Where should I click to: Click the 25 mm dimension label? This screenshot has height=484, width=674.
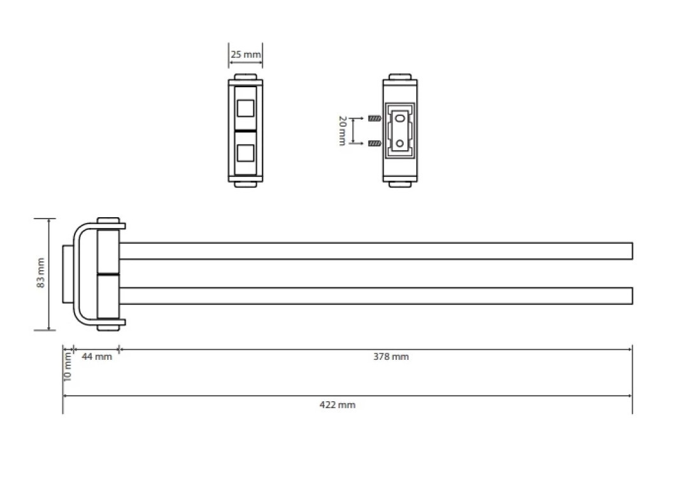tap(245, 55)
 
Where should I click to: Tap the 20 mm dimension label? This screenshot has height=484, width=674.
tap(342, 131)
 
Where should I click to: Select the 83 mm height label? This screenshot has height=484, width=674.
tap(41, 273)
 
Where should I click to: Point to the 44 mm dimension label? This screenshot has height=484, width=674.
tap(97, 357)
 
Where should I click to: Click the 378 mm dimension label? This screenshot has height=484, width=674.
tap(391, 357)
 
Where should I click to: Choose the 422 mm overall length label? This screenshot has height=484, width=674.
tap(338, 405)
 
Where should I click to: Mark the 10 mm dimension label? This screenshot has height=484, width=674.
tap(68, 366)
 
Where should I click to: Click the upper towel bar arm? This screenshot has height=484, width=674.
tap(376, 251)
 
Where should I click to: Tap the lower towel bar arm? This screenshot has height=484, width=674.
tap(376, 295)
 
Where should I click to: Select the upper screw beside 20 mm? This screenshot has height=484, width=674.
tap(375, 118)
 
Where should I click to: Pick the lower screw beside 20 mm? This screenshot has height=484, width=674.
tap(375, 143)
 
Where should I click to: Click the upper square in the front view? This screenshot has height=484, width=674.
tap(245, 108)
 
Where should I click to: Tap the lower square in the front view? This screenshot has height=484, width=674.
tap(245, 153)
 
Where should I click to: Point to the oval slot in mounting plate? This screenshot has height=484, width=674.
tap(400, 118)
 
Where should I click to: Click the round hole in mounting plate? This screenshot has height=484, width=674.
tap(400, 143)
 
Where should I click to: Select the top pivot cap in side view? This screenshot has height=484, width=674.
tap(108, 220)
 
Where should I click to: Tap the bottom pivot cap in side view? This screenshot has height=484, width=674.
tap(108, 328)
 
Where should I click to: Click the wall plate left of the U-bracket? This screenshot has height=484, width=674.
tap(68, 274)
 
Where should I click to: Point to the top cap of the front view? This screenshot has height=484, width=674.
tap(245, 77)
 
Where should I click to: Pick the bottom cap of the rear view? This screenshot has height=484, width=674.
tap(400, 185)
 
